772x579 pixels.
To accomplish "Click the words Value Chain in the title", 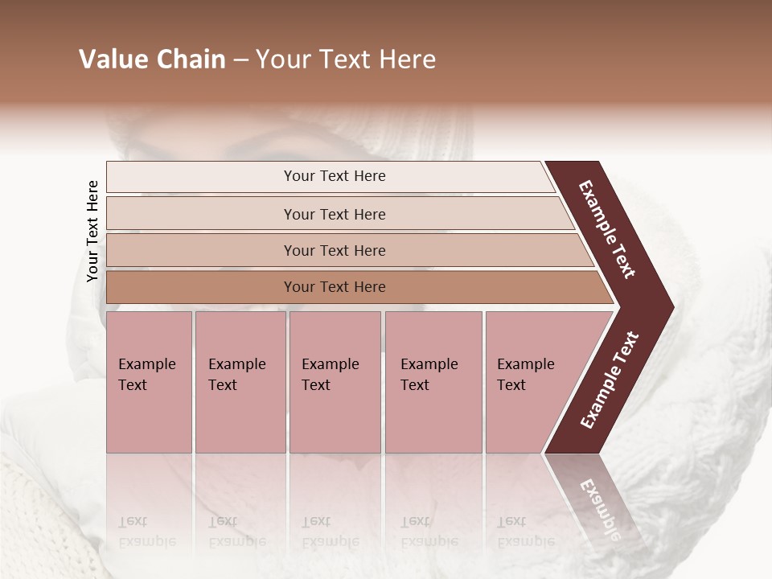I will [x=152, y=60].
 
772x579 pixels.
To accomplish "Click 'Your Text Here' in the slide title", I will [x=346, y=60].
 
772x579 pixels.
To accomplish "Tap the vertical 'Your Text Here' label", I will [x=92, y=231].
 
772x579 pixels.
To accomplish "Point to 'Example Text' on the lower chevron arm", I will [x=609, y=380].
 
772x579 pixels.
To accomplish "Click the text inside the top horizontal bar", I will [x=335, y=176].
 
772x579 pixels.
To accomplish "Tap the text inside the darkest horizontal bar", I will [x=335, y=287].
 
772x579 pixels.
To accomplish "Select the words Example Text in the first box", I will [x=146, y=375].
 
